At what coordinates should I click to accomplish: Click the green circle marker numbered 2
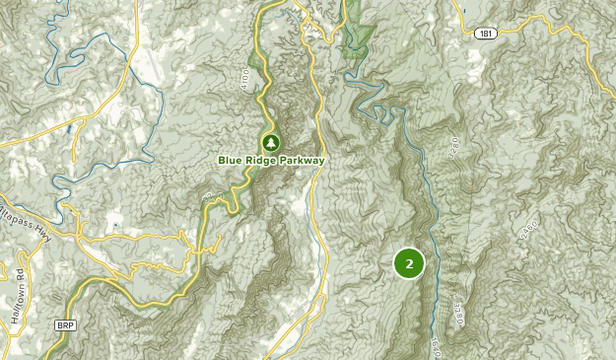coord(409,263)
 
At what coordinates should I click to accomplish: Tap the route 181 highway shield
coord(484,34)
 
